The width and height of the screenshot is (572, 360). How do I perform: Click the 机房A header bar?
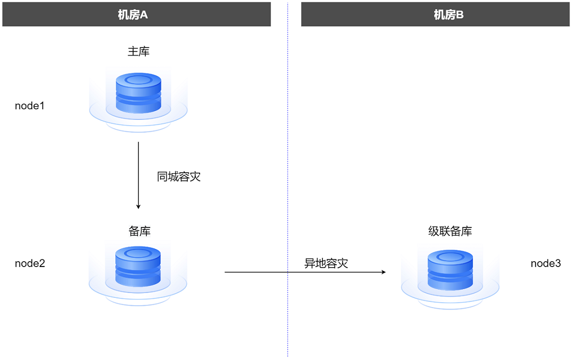point(137,14)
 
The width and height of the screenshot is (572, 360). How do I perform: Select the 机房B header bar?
point(435,14)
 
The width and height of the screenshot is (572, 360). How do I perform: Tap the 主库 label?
point(138,51)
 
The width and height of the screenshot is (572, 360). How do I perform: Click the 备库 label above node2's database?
point(139,231)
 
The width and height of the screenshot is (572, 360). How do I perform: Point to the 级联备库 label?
point(450,231)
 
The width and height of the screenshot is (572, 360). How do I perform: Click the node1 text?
point(30,106)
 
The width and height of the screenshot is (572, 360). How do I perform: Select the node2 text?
point(30,264)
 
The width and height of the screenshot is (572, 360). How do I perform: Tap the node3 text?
point(546,264)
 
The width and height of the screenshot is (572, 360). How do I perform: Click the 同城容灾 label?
point(179,177)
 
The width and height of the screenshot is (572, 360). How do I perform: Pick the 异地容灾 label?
point(326,264)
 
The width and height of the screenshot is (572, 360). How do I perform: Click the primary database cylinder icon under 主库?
point(138,93)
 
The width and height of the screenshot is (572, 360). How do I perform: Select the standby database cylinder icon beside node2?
point(138,267)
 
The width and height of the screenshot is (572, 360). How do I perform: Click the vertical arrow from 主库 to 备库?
point(138,171)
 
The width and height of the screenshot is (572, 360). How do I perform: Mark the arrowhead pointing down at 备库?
point(138,206)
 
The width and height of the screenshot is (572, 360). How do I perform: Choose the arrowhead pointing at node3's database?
point(383,271)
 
